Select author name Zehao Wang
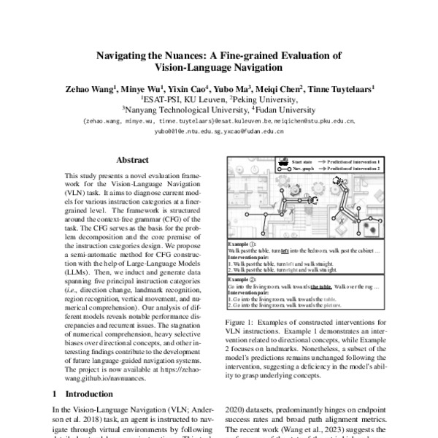click(x=90, y=89)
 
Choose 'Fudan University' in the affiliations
click(x=283, y=111)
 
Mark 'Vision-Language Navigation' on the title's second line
click(x=218, y=68)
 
